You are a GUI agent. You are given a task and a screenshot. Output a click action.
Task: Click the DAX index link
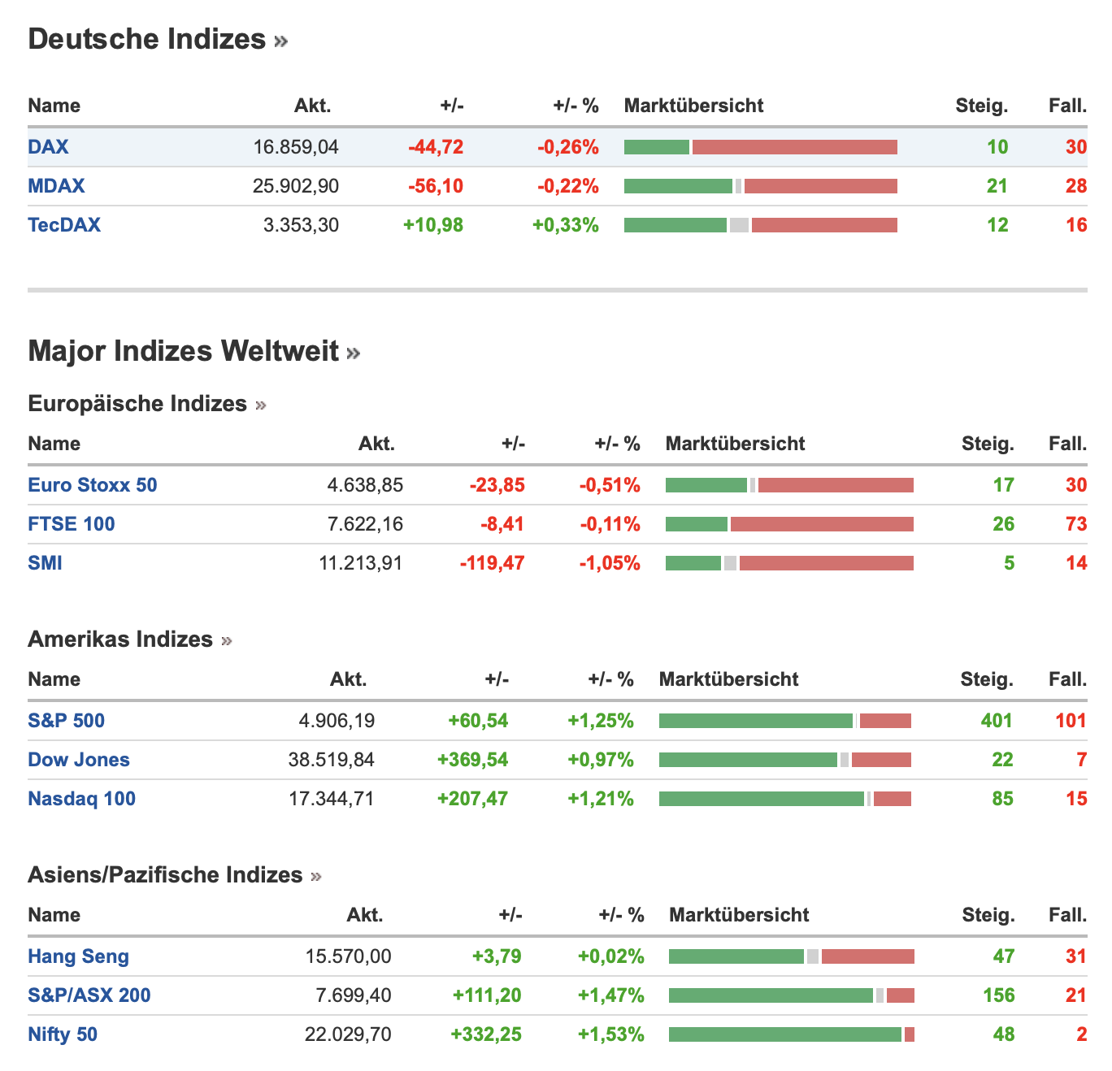tap(48, 147)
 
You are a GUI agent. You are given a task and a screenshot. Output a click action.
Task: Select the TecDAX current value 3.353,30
tap(301, 225)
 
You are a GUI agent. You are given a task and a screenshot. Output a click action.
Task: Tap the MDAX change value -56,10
tap(436, 186)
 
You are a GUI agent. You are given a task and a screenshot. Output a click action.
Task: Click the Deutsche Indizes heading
tap(147, 39)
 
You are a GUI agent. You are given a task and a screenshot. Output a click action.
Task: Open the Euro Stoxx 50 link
tap(93, 485)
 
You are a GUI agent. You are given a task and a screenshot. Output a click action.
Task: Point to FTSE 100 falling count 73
tap(1076, 524)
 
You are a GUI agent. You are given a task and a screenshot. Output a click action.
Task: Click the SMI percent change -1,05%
tap(609, 563)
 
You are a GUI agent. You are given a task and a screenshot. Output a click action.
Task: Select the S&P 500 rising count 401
tap(996, 720)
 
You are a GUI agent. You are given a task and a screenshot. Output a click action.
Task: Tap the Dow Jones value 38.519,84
tap(331, 760)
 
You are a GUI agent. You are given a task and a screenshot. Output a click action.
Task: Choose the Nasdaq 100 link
tap(82, 799)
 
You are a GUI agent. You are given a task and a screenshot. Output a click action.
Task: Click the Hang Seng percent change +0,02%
tap(610, 956)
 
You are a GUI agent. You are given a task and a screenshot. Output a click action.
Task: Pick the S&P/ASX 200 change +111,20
tap(487, 995)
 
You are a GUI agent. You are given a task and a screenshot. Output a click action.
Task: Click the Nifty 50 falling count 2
tap(1082, 1034)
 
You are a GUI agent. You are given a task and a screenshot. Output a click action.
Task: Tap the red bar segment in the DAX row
tap(794, 147)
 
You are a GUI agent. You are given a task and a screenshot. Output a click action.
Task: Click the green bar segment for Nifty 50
tap(784, 1034)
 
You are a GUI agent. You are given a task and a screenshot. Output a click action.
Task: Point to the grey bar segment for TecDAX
tap(739, 225)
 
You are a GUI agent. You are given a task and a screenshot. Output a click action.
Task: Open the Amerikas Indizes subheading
tap(120, 640)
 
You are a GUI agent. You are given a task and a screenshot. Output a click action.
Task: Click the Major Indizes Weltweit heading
tap(183, 351)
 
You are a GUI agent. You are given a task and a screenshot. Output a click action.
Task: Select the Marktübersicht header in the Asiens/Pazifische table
tap(739, 915)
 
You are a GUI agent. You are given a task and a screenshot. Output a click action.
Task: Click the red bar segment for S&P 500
tap(885, 721)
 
